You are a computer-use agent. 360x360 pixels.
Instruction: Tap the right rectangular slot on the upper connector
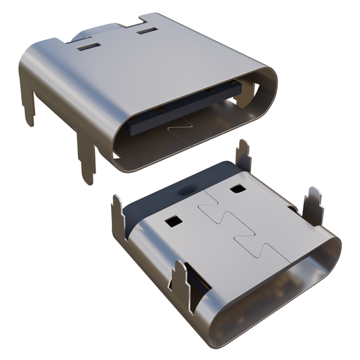click(146, 31)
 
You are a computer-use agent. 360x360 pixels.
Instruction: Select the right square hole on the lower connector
click(236, 189)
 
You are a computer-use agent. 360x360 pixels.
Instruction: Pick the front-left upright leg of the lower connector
click(185, 285)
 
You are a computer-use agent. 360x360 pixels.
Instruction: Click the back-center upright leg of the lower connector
click(243, 156)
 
